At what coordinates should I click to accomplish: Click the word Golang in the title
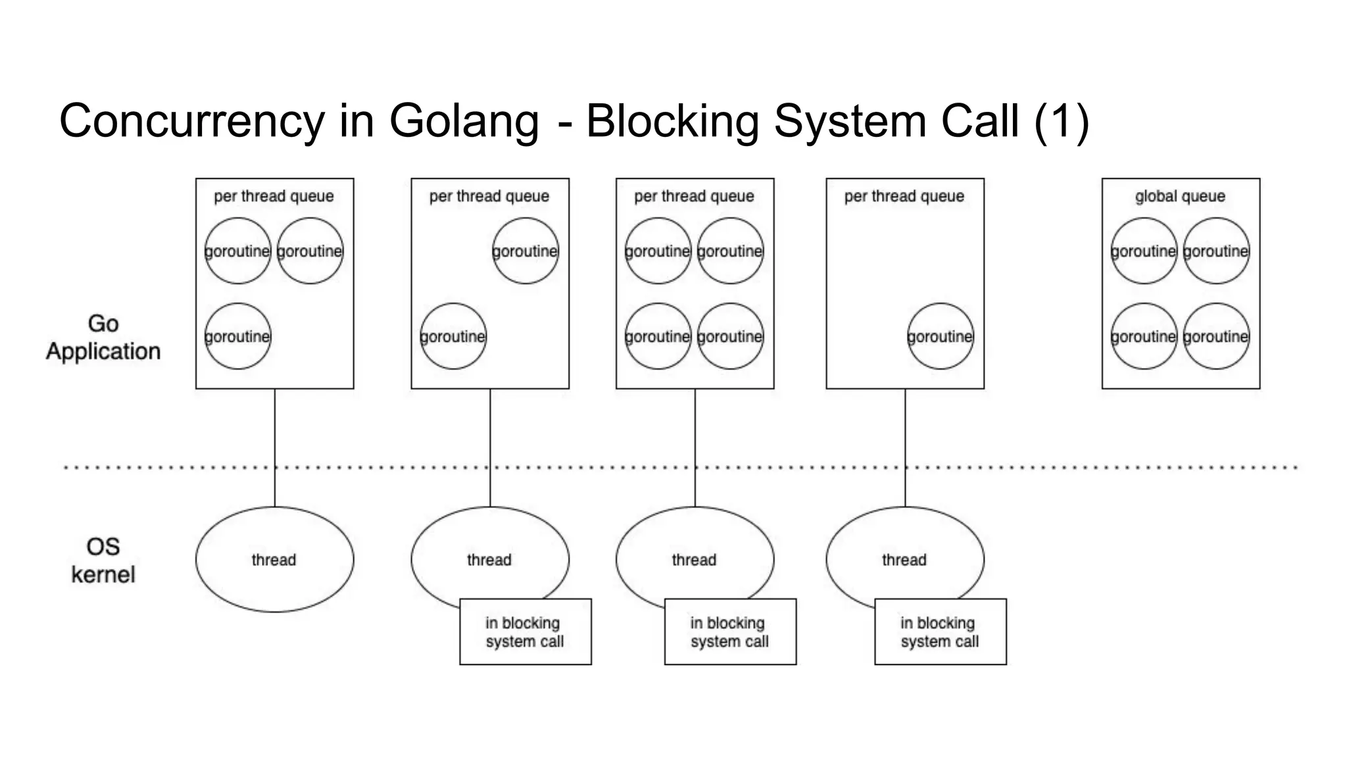(x=464, y=122)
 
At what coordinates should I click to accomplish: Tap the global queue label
(x=1180, y=196)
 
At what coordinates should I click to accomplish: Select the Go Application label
(x=103, y=338)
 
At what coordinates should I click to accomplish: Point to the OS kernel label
(x=103, y=561)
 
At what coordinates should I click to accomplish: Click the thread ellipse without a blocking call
(x=274, y=559)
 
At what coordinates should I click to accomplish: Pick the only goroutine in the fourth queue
(x=940, y=336)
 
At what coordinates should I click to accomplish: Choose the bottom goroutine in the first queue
(x=237, y=336)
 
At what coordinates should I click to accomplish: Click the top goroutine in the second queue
(x=525, y=251)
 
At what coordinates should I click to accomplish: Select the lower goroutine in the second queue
(x=453, y=336)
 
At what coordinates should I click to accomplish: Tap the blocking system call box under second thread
(x=525, y=632)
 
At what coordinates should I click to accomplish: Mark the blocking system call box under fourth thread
(x=940, y=632)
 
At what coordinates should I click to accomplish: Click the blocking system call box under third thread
(x=730, y=632)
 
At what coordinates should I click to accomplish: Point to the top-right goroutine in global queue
(x=1215, y=251)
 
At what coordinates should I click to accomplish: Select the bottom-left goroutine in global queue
(x=1144, y=336)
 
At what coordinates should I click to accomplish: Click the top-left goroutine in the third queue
(x=658, y=251)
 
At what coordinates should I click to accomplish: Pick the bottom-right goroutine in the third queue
(x=730, y=336)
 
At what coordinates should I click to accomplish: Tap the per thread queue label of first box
(x=274, y=196)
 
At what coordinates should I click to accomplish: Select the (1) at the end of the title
(x=1062, y=122)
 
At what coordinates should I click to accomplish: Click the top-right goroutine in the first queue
(x=310, y=251)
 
